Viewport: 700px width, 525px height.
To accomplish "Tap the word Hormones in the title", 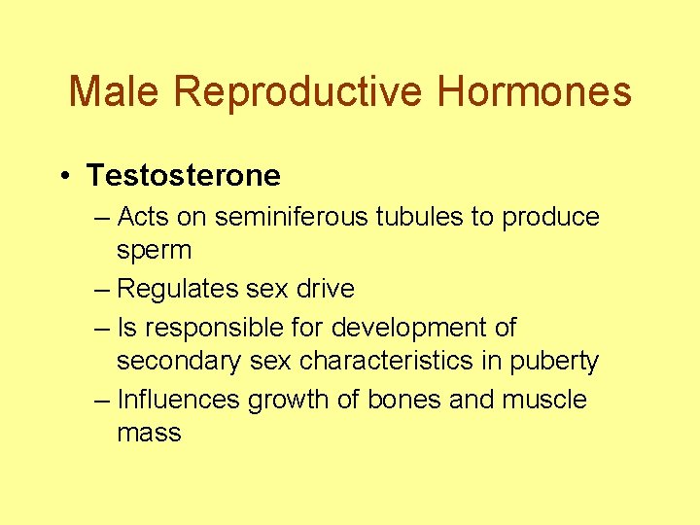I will point(534,92).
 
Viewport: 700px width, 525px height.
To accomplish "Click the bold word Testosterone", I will point(183,176).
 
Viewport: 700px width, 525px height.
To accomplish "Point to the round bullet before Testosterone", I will point(62,176).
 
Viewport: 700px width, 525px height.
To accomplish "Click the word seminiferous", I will point(275,217).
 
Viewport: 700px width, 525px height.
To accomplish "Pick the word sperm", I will point(154,250).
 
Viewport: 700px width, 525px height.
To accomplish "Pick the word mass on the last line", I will point(149,434).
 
